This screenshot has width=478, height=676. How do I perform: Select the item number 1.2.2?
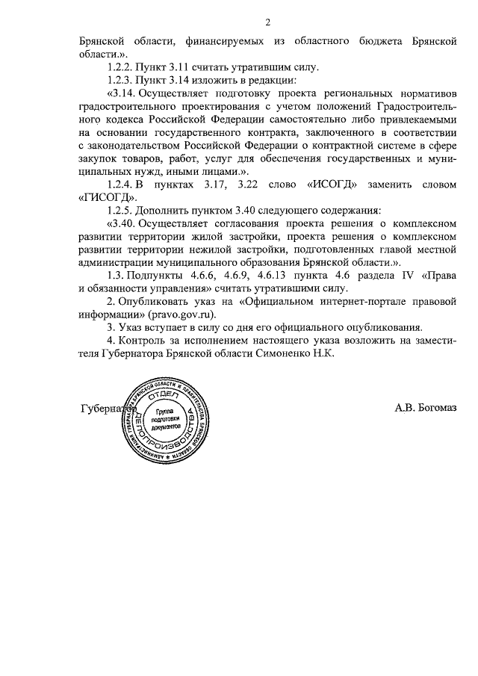pyautogui.click(x=123, y=67)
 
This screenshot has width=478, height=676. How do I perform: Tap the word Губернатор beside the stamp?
pyautogui.click(x=104, y=408)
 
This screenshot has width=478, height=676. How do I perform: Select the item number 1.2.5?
pyautogui.click(x=123, y=210)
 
